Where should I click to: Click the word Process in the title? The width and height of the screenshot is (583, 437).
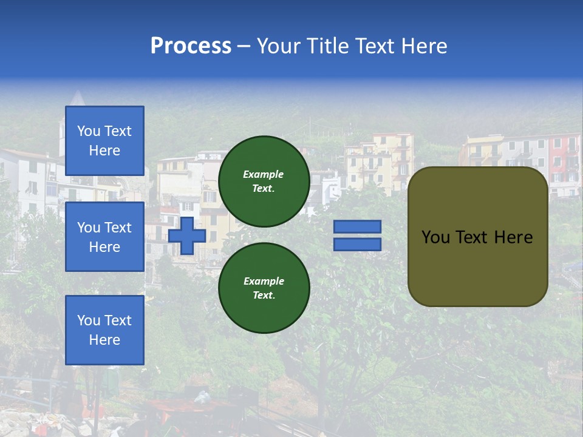(x=191, y=46)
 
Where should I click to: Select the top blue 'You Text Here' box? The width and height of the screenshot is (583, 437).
(x=104, y=141)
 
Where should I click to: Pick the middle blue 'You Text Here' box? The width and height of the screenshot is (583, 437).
(x=104, y=237)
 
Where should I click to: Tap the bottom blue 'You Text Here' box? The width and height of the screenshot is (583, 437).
(x=104, y=330)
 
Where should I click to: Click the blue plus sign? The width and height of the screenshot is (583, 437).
(x=187, y=235)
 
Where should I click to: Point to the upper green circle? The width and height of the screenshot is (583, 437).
(x=264, y=181)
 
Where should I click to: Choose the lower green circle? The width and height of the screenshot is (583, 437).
(x=264, y=288)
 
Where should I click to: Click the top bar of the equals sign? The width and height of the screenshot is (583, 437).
(x=357, y=226)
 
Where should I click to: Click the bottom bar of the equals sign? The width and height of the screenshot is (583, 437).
(x=357, y=244)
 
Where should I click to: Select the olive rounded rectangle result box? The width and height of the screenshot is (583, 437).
(x=478, y=237)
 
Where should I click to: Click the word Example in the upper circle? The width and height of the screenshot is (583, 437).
(x=264, y=174)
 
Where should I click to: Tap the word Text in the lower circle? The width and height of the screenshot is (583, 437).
(x=264, y=296)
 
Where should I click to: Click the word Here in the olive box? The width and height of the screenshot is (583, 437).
(x=513, y=237)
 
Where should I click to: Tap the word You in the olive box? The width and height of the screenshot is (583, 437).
(x=435, y=237)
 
